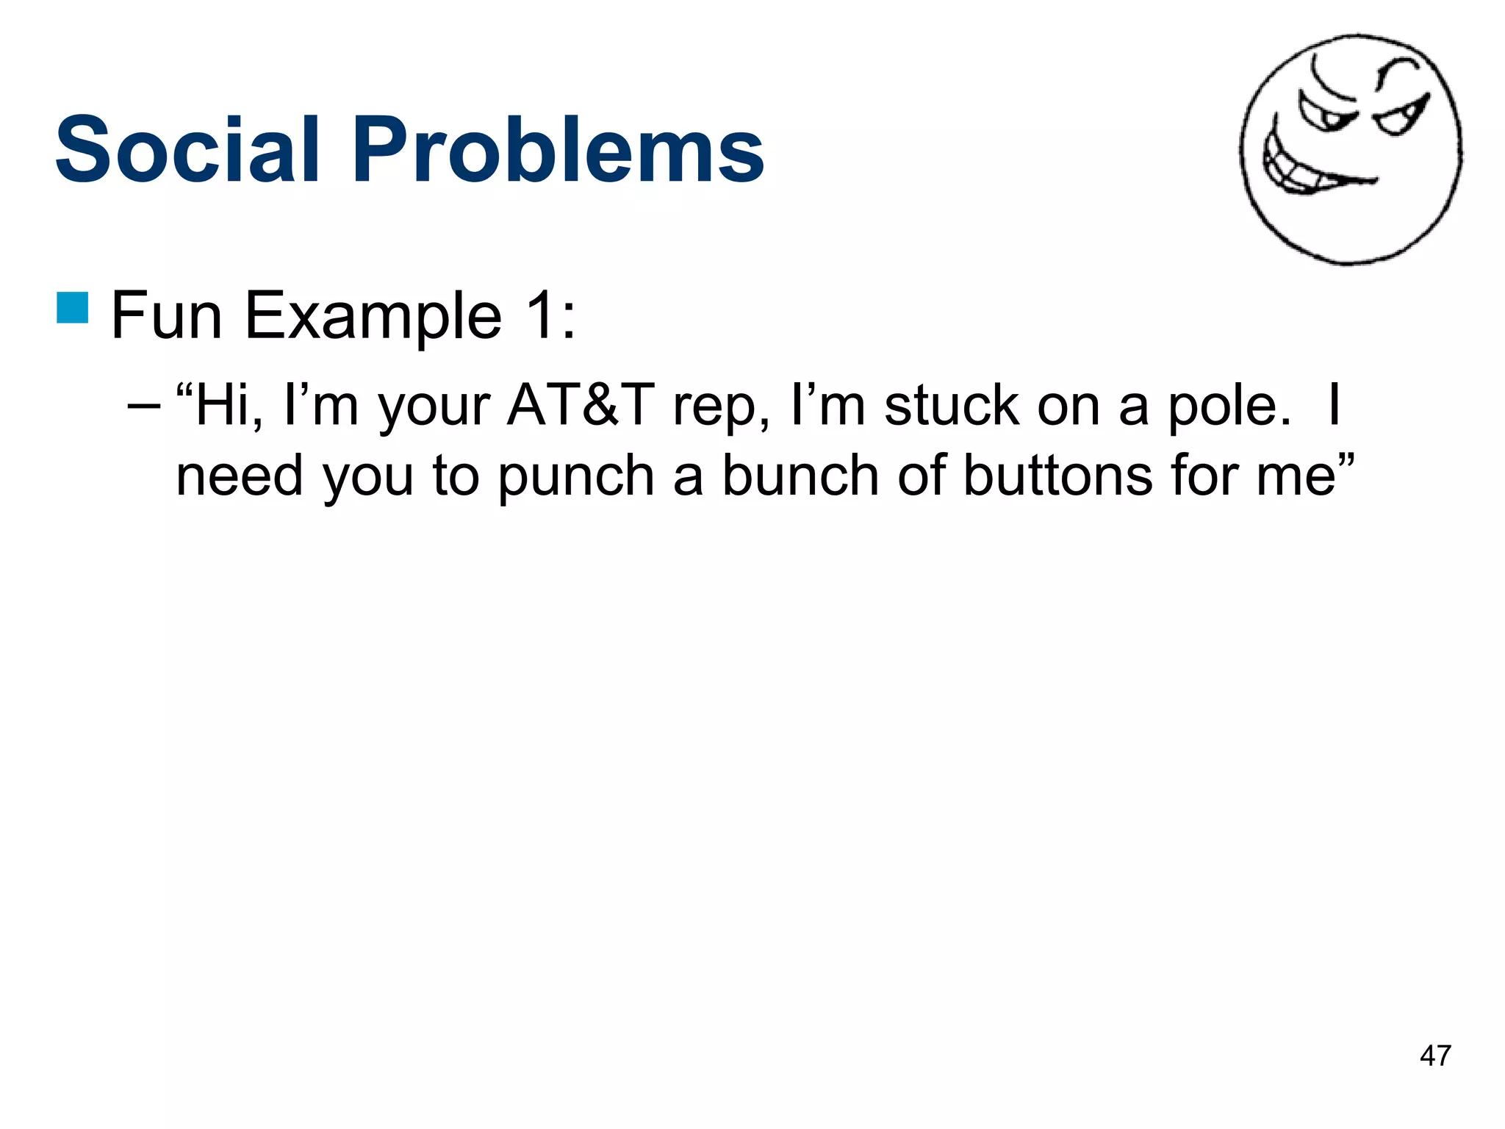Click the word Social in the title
pos(187,151)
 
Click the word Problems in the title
pos(558,151)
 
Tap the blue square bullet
pos(73,307)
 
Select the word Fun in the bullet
pos(166,316)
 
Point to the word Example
pos(373,316)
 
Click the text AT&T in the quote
pos(581,406)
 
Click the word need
pos(240,476)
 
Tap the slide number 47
pos(1435,1056)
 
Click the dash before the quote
pos(143,406)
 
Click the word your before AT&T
pos(434,409)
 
